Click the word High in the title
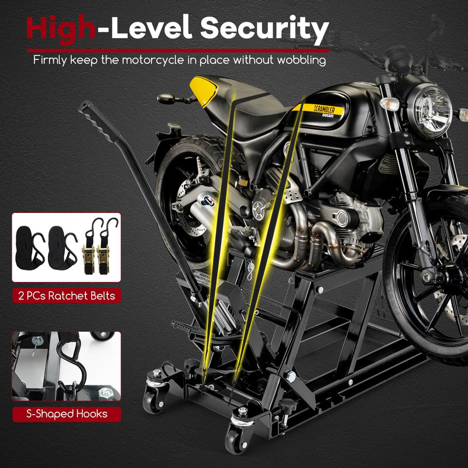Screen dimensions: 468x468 (60, 27)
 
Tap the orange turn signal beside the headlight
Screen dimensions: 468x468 (390, 104)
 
